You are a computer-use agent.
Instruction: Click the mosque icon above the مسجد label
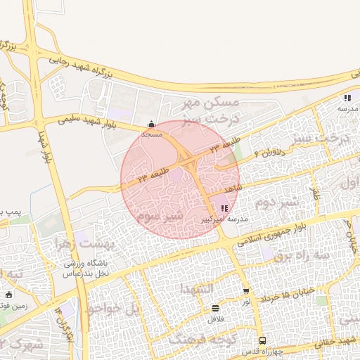[x=152, y=124]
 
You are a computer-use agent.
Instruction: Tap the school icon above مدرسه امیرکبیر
[x=224, y=208]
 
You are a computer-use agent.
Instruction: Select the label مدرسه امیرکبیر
[x=224, y=219]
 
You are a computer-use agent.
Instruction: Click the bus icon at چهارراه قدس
[x=262, y=340]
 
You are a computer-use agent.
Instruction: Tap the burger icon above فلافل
[x=215, y=308]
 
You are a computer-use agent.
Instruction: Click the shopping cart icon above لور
[x=246, y=291]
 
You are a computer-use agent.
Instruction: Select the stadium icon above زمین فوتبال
[x=8, y=295]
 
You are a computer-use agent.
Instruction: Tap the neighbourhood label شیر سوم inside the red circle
[x=161, y=215]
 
